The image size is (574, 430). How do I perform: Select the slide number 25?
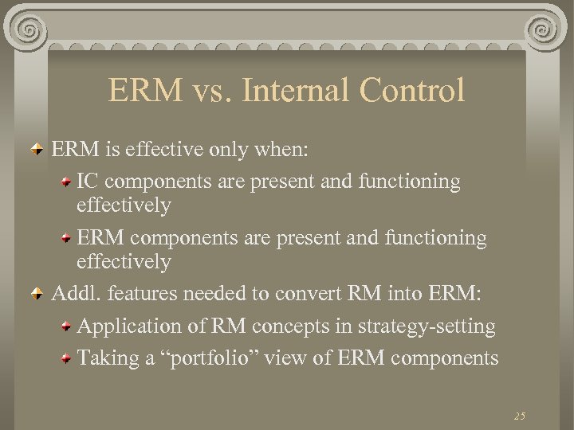tap(520, 416)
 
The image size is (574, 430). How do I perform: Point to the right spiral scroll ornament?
tap(546, 30)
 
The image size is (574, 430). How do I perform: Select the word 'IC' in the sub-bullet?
tap(88, 182)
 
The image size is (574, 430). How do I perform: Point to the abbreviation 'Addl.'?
tap(74, 294)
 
